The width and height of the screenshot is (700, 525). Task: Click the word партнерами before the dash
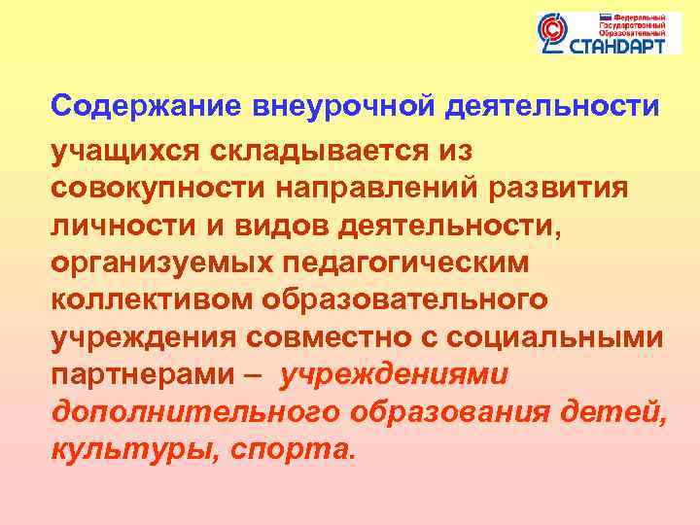(x=129, y=376)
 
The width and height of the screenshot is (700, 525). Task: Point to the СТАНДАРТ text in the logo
(x=613, y=45)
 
